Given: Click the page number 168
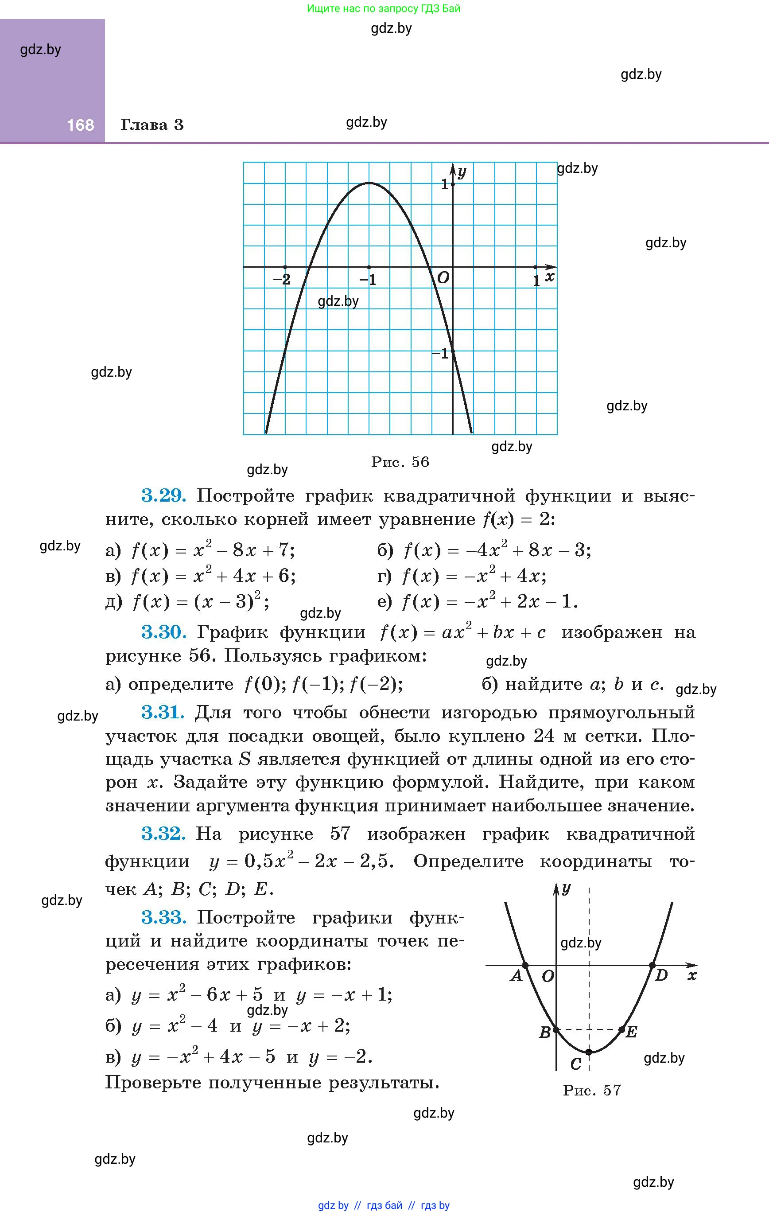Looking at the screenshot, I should tap(80, 125).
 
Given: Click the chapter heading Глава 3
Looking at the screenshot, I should tap(151, 125).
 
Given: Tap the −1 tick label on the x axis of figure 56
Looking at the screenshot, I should tap(368, 279).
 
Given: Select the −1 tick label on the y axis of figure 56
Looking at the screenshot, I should tap(440, 354).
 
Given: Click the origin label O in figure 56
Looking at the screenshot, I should tap(443, 277).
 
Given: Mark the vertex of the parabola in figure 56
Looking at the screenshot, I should tap(369, 183).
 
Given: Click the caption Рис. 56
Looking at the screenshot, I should tap(400, 462).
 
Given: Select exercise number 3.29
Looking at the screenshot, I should tap(163, 495).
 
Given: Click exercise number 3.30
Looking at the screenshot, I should tap(163, 632).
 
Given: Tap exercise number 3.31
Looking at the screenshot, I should tap(163, 712).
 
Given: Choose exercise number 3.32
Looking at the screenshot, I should tap(163, 833).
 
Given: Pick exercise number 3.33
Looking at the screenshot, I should tap(163, 917).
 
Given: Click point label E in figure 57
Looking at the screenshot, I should tap(631, 1032).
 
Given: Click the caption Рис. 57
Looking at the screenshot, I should tap(591, 1090).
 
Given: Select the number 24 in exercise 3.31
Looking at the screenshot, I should tap(544, 736).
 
